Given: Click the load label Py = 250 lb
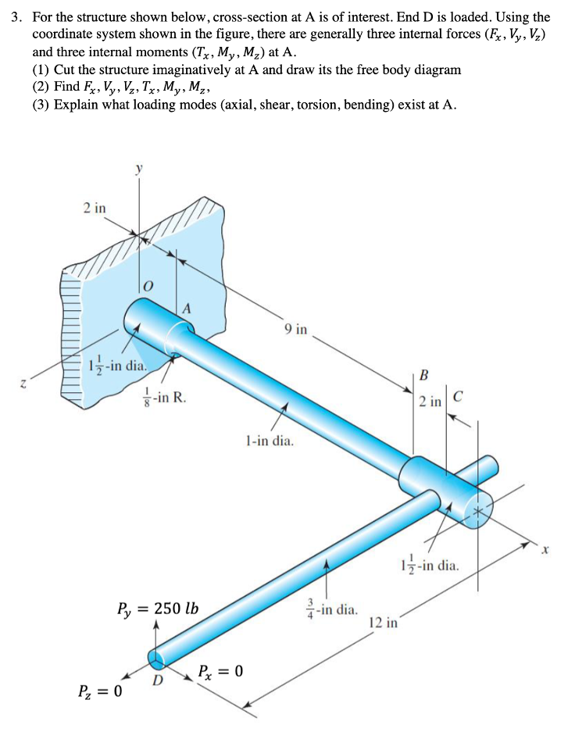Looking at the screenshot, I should point(156,608).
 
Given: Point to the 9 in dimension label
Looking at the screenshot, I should point(296,330).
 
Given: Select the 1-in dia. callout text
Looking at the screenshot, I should point(270,441).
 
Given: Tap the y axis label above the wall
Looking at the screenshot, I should point(140,168).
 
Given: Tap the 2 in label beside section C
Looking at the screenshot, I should point(428,402).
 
